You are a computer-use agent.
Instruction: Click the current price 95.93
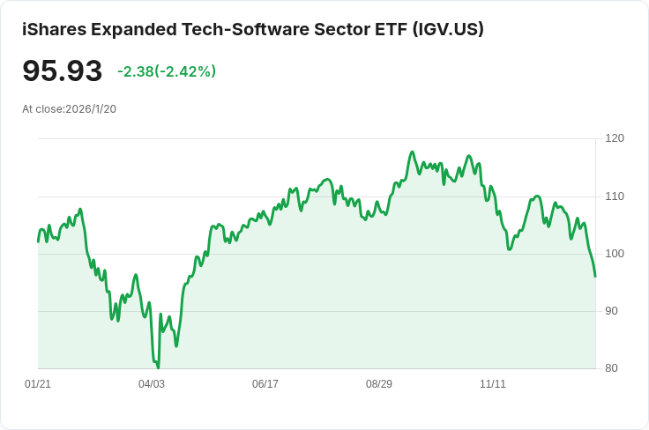(x=62, y=70)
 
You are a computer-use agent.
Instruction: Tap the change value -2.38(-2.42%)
(x=167, y=71)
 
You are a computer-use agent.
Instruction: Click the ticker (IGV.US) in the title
(x=448, y=29)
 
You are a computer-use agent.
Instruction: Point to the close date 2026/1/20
(x=91, y=109)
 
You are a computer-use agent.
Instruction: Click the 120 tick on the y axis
(x=615, y=138)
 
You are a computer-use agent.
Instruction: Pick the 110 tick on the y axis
(x=615, y=196)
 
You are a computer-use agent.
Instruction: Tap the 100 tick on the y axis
(x=615, y=254)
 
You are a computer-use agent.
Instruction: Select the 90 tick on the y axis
(x=611, y=311)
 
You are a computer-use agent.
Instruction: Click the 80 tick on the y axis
(x=611, y=368)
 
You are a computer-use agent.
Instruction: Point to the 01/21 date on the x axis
(x=38, y=384)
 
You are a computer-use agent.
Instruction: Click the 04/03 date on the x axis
(x=152, y=384)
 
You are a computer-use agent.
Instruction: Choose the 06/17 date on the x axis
(x=265, y=384)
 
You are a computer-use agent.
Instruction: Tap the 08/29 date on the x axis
(x=379, y=384)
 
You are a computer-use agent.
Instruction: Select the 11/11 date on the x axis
(x=493, y=384)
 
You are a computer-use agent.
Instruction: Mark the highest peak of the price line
(x=413, y=152)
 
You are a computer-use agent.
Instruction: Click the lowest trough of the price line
(x=158, y=367)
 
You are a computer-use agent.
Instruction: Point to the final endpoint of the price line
(x=595, y=276)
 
